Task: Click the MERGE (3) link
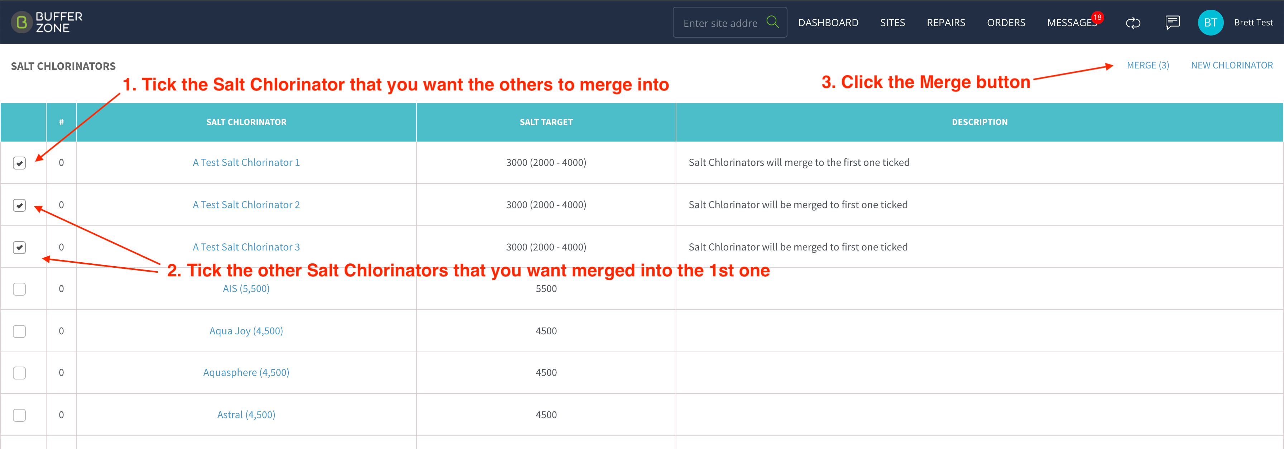(x=1148, y=65)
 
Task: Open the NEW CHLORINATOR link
(x=1232, y=65)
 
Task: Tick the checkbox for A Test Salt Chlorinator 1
(x=19, y=163)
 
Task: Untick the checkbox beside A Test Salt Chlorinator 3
(x=19, y=248)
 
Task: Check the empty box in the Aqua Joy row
(x=19, y=331)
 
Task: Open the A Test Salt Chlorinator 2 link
(x=246, y=205)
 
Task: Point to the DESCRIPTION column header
(x=979, y=122)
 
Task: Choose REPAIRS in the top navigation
(x=945, y=23)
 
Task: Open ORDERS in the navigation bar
(x=1006, y=23)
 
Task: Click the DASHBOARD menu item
(x=828, y=23)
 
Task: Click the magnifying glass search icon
(x=773, y=22)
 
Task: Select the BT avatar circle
(x=1210, y=23)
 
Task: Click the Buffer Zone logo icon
(x=21, y=23)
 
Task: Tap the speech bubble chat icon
(x=1172, y=23)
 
